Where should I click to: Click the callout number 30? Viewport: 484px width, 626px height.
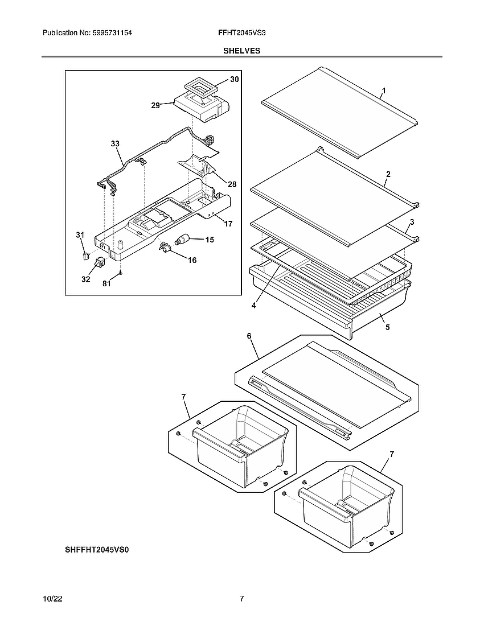235,80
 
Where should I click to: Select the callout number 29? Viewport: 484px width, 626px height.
155,105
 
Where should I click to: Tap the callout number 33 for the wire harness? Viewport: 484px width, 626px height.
115,144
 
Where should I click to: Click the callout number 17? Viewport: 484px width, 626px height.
228,224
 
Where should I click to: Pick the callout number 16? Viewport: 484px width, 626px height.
192,260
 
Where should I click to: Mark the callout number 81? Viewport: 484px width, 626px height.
106,285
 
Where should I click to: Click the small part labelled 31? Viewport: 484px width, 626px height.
85,256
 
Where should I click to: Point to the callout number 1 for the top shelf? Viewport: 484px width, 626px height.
384,90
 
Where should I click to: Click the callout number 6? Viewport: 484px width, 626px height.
249,336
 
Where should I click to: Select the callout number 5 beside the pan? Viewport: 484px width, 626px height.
387,327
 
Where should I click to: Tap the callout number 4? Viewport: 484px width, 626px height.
253,305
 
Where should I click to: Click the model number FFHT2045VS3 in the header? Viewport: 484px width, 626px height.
241,34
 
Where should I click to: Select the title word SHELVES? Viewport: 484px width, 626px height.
241,51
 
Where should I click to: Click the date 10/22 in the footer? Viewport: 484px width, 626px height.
52,599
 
